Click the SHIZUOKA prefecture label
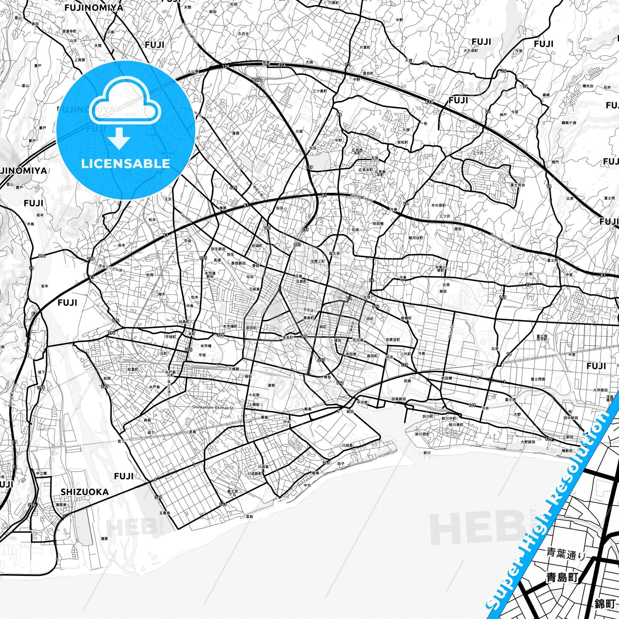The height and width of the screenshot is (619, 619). [84, 492]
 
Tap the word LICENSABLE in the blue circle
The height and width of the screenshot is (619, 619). [126, 164]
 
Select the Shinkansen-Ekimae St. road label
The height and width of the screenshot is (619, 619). [213, 408]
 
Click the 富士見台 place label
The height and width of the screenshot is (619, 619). [517, 185]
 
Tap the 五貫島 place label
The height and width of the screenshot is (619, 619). [164, 513]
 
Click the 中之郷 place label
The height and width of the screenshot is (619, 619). [41, 473]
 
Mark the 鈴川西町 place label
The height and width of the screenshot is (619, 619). [422, 434]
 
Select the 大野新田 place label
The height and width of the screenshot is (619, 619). [528, 442]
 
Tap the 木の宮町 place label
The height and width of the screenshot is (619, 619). [438, 206]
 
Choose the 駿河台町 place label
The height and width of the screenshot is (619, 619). [416, 238]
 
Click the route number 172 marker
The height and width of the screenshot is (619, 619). [340, 383]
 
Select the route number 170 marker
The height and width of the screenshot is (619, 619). [549, 439]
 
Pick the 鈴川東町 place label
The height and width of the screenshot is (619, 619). [457, 424]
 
